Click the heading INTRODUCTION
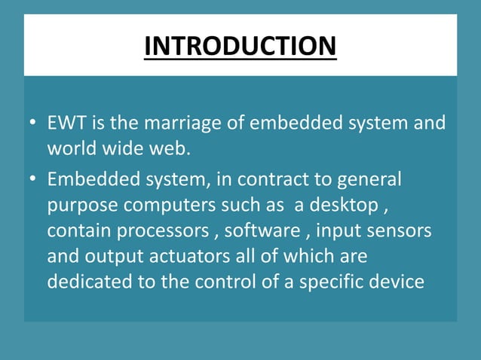tap(240, 45)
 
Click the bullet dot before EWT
tap(33, 124)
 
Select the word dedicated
tap(84, 282)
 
